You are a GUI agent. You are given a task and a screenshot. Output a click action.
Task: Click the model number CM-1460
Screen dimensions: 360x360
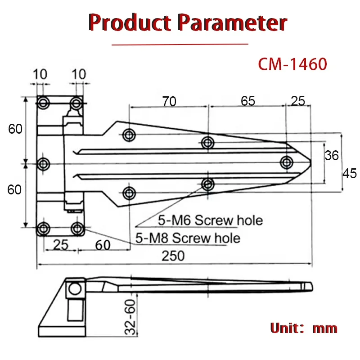click(292, 64)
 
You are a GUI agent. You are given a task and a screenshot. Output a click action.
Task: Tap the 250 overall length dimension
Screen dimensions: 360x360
click(173, 256)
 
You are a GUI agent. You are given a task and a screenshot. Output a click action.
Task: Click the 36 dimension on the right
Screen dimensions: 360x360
click(332, 156)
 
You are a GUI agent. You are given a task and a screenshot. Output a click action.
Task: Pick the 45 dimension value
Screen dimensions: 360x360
click(350, 173)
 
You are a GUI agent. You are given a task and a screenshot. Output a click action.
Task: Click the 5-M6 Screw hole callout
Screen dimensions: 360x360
click(210, 220)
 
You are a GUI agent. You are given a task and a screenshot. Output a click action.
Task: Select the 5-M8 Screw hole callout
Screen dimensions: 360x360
click(188, 238)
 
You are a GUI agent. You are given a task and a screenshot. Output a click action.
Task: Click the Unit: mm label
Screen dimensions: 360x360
click(303, 328)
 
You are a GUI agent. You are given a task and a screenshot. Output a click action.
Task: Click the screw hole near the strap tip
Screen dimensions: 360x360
click(286, 162)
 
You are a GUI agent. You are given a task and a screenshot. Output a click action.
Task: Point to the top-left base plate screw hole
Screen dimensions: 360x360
click(44, 103)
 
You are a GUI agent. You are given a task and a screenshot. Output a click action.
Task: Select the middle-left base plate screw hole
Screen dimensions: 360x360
click(44, 164)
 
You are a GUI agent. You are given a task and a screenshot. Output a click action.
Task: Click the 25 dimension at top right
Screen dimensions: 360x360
click(297, 101)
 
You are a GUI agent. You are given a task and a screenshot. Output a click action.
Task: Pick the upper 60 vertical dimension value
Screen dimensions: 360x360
click(15, 129)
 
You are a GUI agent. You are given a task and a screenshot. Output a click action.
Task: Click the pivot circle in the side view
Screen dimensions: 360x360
click(75, 288)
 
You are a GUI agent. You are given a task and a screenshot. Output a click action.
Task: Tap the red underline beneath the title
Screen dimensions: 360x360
click(180, 44)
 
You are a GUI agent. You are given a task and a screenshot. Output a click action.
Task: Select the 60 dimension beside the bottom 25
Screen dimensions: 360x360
click(103, 245)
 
